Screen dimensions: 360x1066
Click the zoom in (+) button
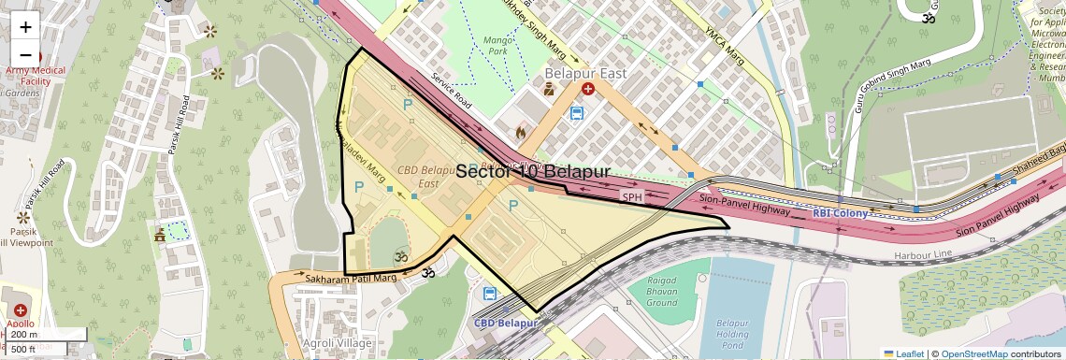point(26,27)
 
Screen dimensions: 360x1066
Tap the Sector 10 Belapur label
point(532,172)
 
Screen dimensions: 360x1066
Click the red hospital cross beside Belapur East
point(588,89)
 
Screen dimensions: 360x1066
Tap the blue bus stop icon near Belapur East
point(577,113)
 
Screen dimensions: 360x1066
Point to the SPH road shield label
point(633,197)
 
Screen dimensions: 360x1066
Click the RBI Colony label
point(840,213)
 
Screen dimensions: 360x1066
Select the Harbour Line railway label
point(922,253)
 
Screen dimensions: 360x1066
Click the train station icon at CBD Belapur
point(489,294)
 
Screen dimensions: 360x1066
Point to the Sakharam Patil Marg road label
point(345,279)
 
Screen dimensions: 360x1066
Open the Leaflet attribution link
point(903,353)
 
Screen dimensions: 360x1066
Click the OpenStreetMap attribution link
point(973,353)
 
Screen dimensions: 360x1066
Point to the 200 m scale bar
point(44,335)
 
